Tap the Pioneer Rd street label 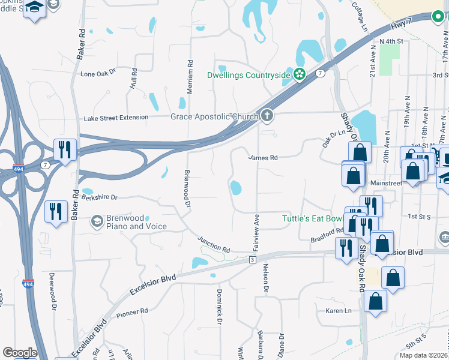coord(132,312)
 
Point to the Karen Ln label coord(338,311)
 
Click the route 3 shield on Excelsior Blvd coord(253,259)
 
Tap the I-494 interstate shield coord(19,169)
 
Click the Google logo coord(20,353)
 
